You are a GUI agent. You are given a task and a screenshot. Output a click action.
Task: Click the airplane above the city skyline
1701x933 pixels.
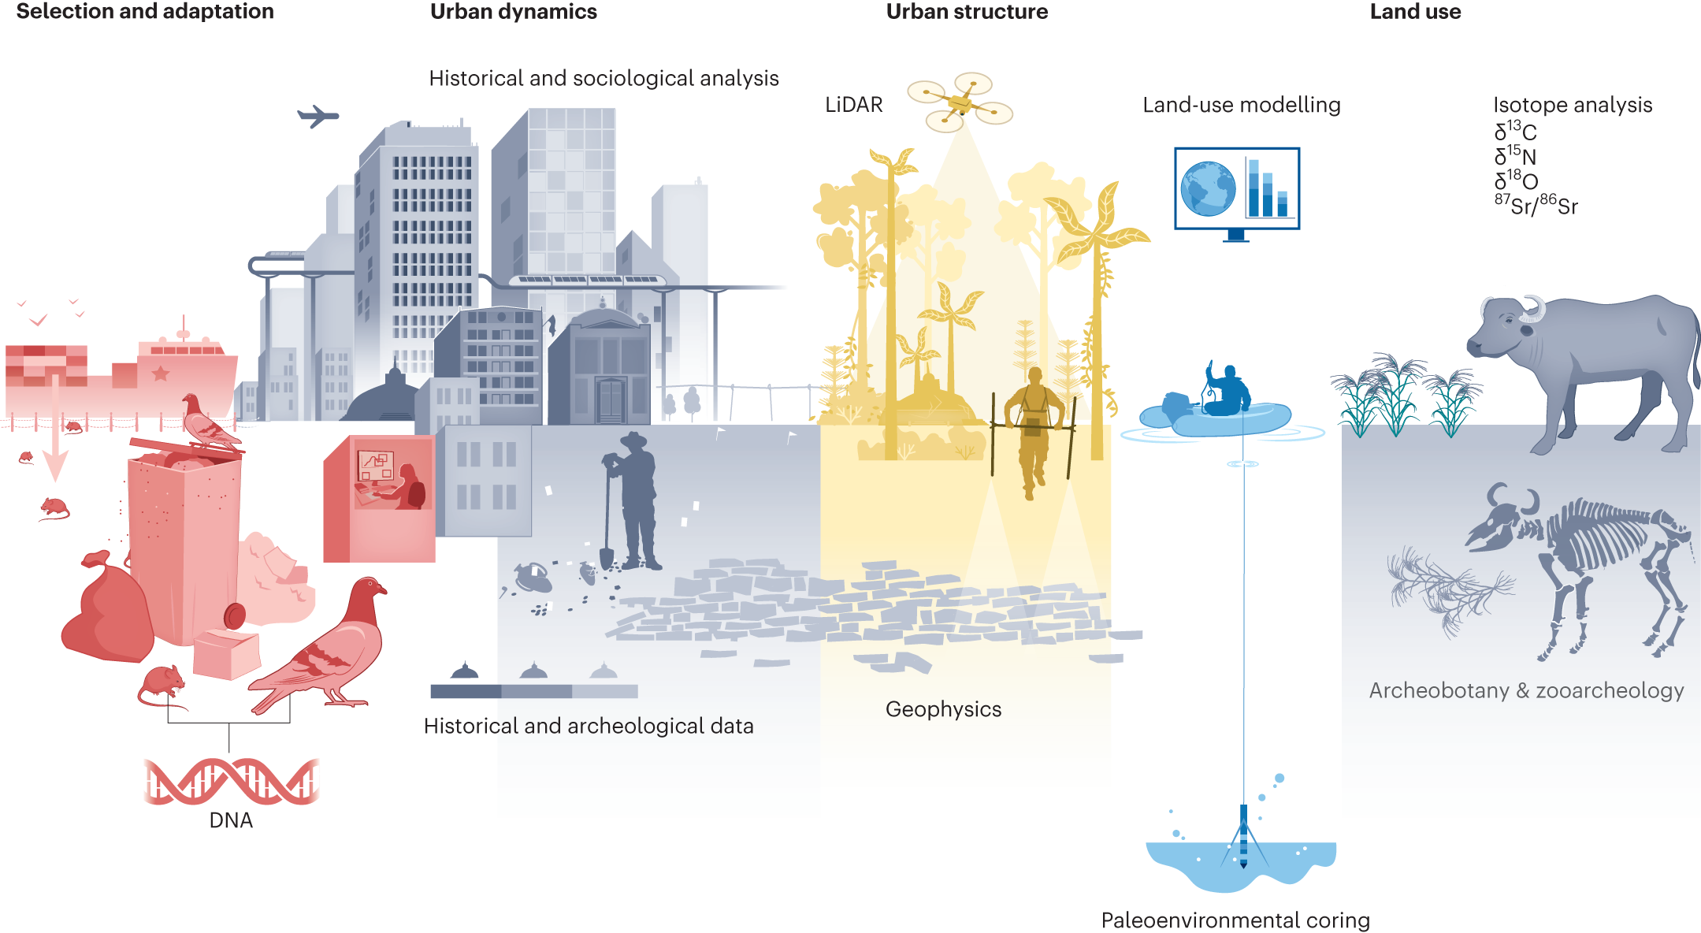coord(318,116)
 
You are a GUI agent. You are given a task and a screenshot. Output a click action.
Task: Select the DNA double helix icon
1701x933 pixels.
coord(232,781)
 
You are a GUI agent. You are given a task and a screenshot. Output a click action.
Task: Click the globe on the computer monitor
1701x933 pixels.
coord(1208,189)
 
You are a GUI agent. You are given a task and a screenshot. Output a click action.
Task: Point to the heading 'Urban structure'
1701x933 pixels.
coord(967,12)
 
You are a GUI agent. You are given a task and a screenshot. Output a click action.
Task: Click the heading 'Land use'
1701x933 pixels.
coord(1415,12)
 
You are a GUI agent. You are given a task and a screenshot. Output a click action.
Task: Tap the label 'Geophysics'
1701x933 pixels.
coord(943,709)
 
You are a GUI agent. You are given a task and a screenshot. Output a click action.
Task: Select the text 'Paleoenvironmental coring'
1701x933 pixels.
coord(1235,920)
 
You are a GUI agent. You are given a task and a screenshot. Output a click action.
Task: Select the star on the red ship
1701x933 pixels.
coord(161,373)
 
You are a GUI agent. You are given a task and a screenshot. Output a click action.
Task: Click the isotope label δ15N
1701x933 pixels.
coord(1515,156)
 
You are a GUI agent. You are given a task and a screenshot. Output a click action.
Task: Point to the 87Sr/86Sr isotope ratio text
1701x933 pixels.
coord(1536,205)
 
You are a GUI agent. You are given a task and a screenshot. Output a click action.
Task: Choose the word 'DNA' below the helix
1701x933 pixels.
coord(231,820)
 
